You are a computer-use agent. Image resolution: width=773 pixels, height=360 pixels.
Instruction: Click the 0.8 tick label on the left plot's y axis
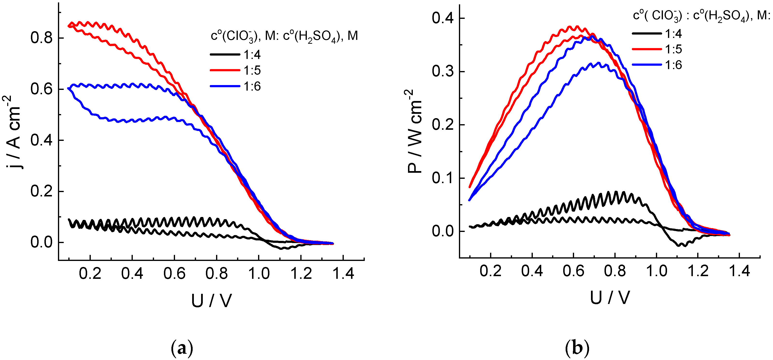point(42,38)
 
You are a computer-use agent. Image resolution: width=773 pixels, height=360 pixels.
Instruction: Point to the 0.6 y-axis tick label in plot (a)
point(42,89)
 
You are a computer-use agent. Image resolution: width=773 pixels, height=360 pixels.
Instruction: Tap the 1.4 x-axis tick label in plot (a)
point(343,274)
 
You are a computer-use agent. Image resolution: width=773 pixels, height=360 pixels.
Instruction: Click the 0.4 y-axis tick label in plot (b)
point(443,18)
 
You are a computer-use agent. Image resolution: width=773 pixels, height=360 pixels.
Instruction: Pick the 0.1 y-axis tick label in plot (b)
point(443,178)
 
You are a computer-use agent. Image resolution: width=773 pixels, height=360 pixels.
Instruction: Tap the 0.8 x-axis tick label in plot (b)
point(615,271)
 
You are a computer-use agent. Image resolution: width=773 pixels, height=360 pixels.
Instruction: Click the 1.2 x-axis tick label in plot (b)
point(698,271)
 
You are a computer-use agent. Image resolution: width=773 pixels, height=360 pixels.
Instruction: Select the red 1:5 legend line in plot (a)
point(225,70)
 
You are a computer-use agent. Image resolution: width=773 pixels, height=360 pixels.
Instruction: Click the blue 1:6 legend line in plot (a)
point(225,86)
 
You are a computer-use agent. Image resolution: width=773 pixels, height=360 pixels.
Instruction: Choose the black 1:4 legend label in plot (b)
point(674,34)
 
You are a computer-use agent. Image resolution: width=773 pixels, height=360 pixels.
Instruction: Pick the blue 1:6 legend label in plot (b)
point(674,65)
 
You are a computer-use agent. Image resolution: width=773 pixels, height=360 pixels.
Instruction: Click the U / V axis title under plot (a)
point(211,301)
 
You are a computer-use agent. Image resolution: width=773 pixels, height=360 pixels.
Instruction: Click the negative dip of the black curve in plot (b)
point(682,245)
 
